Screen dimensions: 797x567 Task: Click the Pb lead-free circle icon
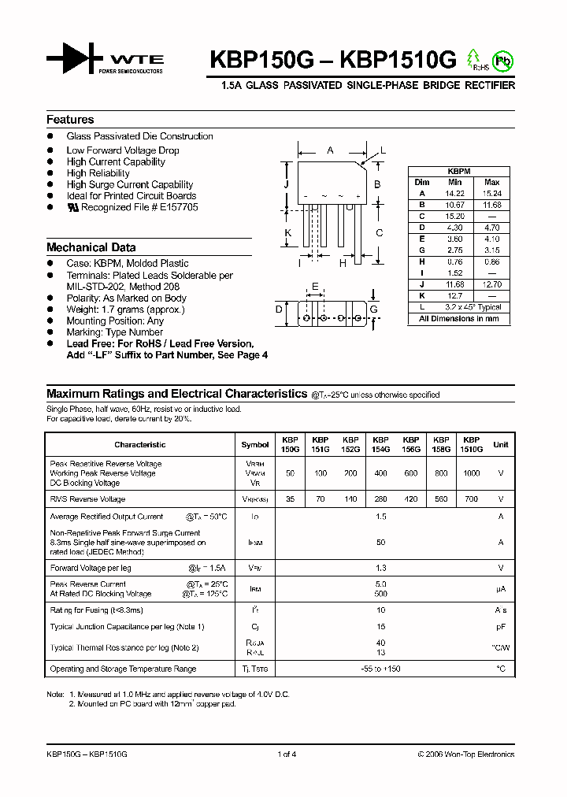click(500, 60)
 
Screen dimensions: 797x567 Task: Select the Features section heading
click(70, 120)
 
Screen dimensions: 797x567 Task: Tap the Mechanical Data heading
click(91, 247)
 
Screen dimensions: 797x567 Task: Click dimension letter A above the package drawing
click(330, 150)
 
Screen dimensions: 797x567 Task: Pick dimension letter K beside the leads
click(288, 232)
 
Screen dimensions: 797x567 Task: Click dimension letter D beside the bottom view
click(279, 310)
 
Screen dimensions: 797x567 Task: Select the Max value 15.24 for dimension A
click(491, 193)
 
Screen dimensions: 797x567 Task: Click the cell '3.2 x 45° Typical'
click(472, 307)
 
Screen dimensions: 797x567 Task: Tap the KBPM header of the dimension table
click(458, 170)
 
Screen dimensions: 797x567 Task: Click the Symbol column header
click(254, 445)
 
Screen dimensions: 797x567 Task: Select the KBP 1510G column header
click(471, 444)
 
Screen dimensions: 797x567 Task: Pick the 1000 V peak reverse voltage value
click(471, 473)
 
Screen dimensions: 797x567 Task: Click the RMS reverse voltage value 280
click(380, 499)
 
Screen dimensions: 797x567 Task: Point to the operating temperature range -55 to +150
click(380, 669)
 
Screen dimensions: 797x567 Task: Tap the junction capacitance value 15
click(380, 626)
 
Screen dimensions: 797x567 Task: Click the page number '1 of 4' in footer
click(287, 754)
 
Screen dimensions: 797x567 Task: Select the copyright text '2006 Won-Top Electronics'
click(469, 754)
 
